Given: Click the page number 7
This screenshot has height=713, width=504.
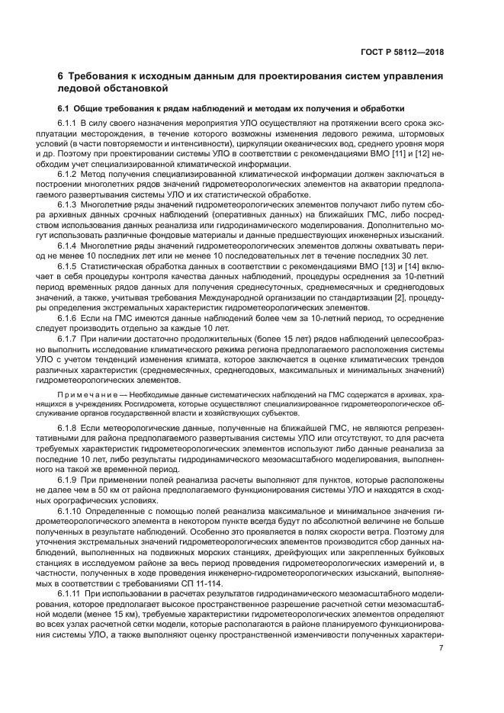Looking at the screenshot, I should pyautogui.click(x=441, y=649).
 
